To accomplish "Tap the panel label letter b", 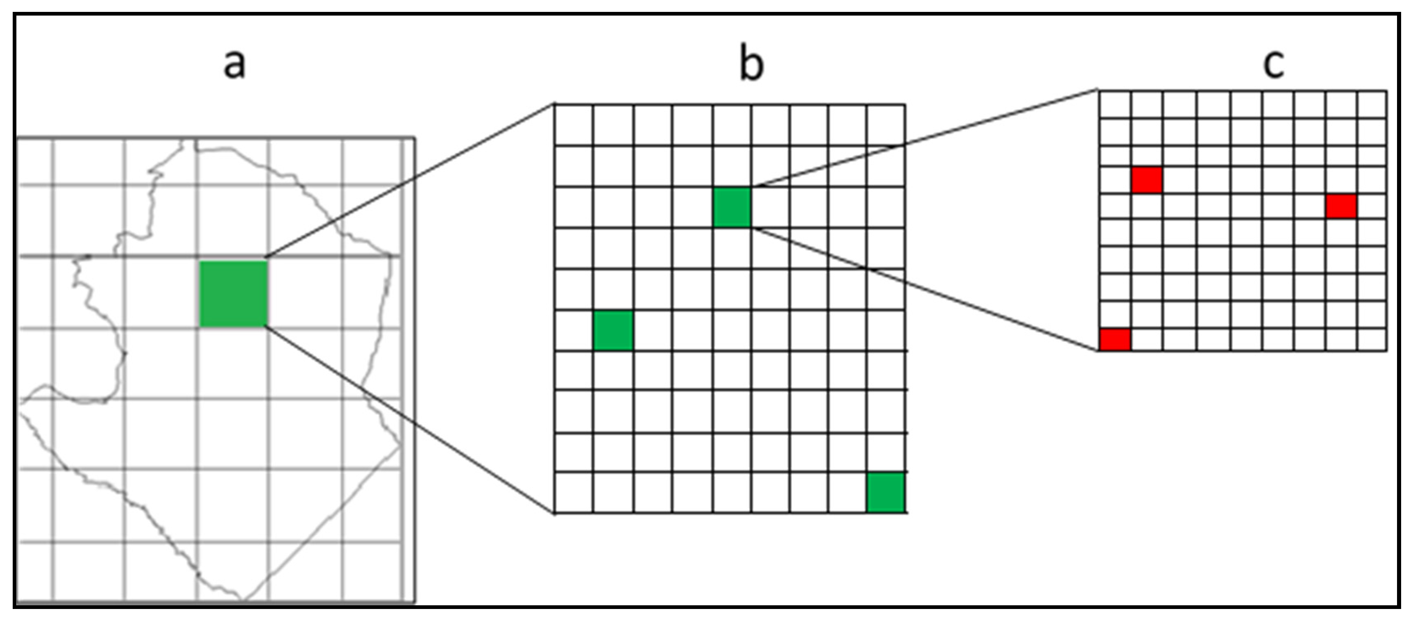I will [x=751, y=65].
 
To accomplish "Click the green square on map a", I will [x=234, y=294].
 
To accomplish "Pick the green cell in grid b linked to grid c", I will [x=732, y=207].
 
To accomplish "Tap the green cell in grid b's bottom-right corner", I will [x=886, y=492].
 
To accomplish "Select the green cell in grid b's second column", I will [x=613, y=330].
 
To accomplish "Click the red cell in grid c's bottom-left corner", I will [x=1115, y=339].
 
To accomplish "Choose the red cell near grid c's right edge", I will [x=1342, y=207].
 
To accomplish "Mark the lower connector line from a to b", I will [x=410, y=420].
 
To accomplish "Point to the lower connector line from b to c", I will [x=925, y=289].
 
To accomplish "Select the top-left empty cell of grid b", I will [x=574, y=125].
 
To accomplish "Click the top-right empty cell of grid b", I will [x=886, y=125].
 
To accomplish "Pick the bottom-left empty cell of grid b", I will [x=574, y=492].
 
